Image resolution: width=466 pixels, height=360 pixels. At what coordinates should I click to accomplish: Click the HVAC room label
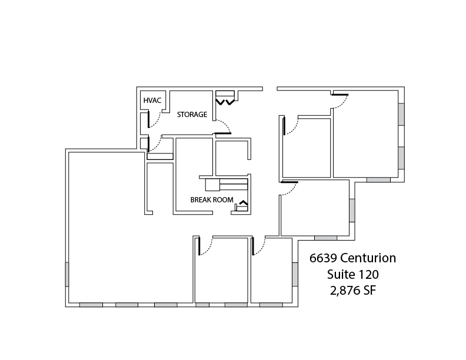152,101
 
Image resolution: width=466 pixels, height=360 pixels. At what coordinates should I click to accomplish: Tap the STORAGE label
192,114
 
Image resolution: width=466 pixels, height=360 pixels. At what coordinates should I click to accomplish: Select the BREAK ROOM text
212,199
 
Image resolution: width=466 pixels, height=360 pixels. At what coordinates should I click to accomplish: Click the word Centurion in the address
368,258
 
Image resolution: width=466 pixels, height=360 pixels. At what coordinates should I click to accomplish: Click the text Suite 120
353,274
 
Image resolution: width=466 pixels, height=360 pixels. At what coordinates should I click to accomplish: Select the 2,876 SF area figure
353,291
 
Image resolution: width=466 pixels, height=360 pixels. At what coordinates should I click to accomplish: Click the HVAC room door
149,119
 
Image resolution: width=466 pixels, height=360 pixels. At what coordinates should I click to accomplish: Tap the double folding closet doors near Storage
225,102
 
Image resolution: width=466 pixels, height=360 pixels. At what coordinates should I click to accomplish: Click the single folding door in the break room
244,203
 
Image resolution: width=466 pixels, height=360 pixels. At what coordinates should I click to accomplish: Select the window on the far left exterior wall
67,274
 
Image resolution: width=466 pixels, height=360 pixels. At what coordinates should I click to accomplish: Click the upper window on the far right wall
401,114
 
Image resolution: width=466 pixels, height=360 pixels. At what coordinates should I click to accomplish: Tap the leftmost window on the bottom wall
91,305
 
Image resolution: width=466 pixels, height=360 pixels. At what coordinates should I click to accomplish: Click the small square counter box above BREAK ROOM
212,185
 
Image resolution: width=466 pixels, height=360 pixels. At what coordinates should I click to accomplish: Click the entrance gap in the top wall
270,88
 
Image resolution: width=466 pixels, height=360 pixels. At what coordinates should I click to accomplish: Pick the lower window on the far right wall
401,158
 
